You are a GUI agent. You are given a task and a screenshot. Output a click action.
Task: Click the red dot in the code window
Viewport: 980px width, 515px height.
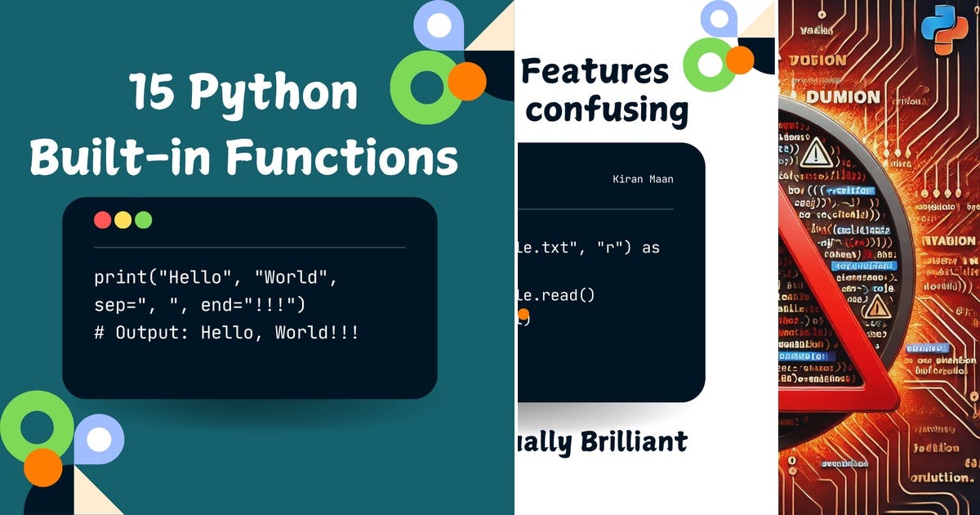[103, 220]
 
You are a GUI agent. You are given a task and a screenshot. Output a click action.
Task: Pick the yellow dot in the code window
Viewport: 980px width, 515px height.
[123, 220]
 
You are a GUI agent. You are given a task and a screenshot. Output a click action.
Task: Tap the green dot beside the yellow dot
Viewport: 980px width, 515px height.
[143, 220]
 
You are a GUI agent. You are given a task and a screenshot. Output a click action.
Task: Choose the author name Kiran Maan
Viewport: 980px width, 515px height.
[643, 179]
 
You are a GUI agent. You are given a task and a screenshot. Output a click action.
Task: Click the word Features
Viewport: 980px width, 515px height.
[595, 72]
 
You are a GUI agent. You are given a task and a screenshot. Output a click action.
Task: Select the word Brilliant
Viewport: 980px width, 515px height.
[634, 442]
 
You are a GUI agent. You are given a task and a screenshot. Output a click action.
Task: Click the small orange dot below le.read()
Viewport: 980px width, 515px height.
[523, 314]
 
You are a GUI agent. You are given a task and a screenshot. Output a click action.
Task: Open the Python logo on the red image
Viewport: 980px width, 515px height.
[944, 28]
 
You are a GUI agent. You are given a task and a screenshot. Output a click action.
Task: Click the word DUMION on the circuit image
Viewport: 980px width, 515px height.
[844, 97]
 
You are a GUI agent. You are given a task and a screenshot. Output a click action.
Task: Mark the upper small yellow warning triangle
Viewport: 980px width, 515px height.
[814, 153]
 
